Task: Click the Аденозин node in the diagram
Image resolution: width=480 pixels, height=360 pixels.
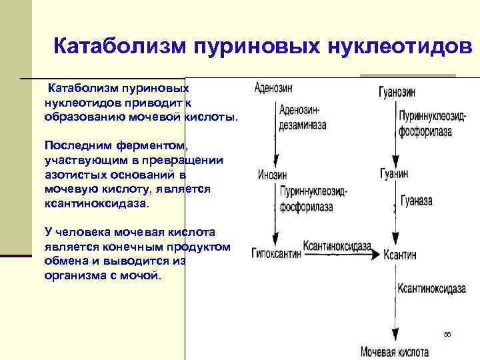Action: [x=273, y=87]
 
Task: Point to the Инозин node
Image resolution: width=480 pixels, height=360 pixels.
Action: [x=272, y=175]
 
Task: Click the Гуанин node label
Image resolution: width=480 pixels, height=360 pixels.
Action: [x=393, y=174]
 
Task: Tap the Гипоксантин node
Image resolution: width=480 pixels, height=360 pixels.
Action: [x=275, y=253]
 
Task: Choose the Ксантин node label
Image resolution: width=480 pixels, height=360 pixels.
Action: [x=399, y=254]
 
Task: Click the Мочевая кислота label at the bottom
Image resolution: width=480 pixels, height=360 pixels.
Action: [x=395, y=351]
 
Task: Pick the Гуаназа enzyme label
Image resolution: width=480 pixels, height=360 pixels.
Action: [x=416, y=200]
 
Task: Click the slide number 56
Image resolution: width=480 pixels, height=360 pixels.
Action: [x=447, y=333]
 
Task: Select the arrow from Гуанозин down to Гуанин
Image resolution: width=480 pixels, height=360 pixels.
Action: [x=395, y=133]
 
